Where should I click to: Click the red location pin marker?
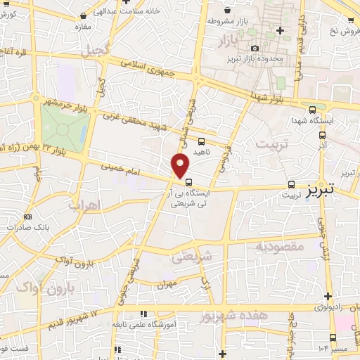pyautogui.click(x=181, y=165)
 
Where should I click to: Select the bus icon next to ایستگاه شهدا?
pyautogui.click(x=313, y=110)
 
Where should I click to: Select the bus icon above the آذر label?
pyautogui.click(x=323, y=135)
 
